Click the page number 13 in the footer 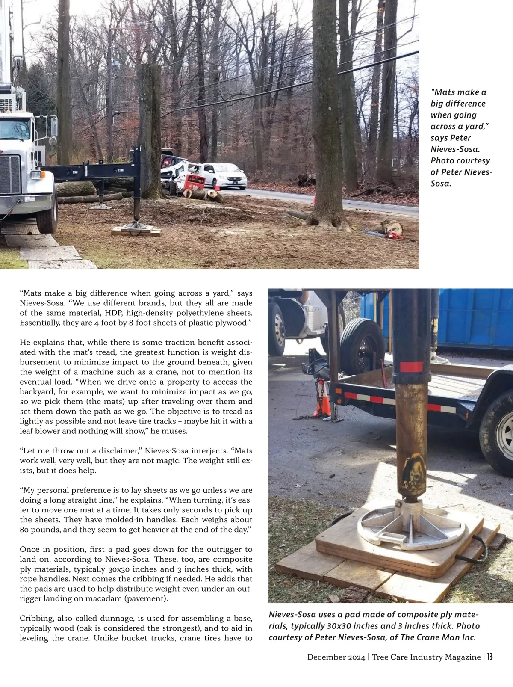click(x=489, y=657)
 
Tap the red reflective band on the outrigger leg click(x=411, y=367)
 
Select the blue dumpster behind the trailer click(x=475, y=317)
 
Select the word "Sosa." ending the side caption click(x=440, y=184)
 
